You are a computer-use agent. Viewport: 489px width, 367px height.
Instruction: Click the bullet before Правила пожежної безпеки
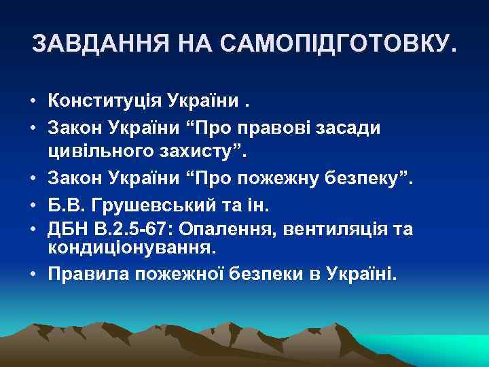point(33,273)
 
